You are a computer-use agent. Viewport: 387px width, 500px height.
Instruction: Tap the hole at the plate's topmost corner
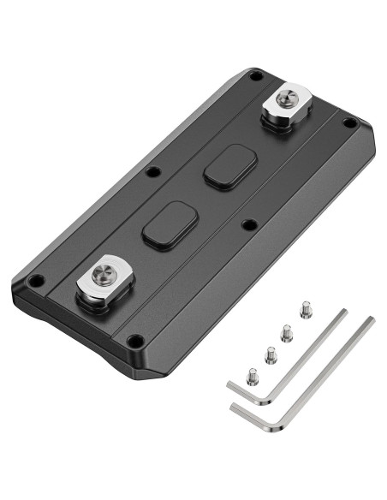256,78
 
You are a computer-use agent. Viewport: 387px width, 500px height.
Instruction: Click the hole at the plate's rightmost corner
348,124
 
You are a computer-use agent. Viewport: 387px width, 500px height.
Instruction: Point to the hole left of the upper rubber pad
152,171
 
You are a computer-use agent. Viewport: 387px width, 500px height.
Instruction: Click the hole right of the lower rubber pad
248,224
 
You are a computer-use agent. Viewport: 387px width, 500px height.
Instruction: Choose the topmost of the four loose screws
306,309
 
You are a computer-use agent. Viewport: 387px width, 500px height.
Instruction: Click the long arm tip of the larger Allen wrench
371,320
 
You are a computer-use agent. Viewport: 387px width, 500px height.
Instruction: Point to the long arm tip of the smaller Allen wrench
343,312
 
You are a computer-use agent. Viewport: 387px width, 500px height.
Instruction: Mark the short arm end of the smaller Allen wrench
229,388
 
